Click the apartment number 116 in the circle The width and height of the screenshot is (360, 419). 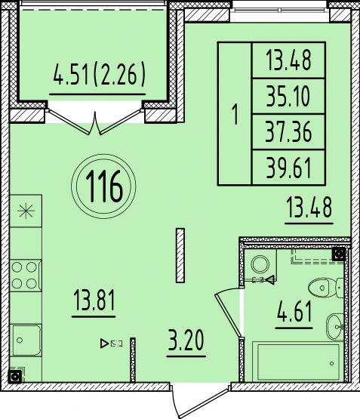[104, 186]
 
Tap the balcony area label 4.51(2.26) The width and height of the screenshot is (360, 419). [99, 74]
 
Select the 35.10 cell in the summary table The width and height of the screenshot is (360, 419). [288, 97]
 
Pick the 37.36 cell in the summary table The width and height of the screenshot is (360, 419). [288, 132]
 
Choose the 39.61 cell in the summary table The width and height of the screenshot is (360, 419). [288, 168]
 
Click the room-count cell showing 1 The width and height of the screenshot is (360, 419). [235, 114]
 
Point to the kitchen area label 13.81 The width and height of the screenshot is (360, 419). [94, 300]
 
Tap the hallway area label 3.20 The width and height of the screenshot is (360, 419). [186, 340]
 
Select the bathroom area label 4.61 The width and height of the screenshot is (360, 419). [294, 311]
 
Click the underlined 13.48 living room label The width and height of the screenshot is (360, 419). [309, 208]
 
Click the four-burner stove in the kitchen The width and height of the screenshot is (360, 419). [25, 276]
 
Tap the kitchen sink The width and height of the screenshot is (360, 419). [26, 340]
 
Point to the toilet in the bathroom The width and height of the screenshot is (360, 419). [326, 288]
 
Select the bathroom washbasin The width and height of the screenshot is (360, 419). [335, 327]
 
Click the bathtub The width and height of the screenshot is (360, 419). [298, 362]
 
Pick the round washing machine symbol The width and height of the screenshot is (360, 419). [260, 264]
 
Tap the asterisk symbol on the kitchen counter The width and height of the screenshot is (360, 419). [26, 211]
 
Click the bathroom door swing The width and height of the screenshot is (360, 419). [229, 313]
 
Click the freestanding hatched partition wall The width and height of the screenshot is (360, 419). [180, 255]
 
